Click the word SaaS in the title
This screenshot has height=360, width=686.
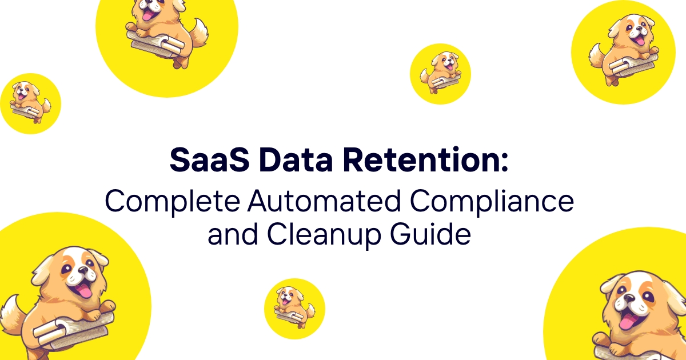point(209,160)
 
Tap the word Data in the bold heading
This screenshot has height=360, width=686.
point(296,160)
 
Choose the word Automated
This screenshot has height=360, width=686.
point(324,201)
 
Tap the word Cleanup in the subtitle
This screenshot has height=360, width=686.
point(324,235)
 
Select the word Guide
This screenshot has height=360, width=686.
point(430,234)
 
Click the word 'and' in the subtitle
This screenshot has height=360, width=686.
point(233,234)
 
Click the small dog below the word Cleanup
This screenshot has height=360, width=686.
point(294,307)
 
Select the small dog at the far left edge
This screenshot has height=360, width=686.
point(30,102)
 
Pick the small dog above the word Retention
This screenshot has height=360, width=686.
point(440,73)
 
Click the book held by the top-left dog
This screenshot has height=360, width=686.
point(156,45)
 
